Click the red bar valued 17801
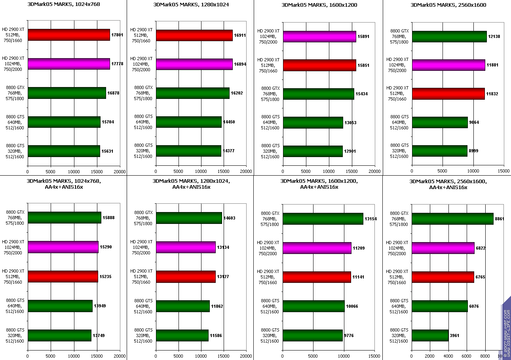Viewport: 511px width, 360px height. [68, 35]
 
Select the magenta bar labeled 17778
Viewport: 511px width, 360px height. [68, 64]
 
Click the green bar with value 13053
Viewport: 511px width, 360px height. [313, 122]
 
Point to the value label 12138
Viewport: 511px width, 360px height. [494, 36]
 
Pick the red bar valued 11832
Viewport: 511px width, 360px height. [448, 94]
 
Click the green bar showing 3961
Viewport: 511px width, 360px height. [430, 335]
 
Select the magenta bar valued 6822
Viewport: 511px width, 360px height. [443, 248]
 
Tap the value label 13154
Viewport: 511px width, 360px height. [371, 219]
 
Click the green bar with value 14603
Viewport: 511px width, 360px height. [189, 218]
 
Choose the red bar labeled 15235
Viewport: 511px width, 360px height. [63, 277]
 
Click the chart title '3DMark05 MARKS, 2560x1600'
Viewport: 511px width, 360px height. [448, 5]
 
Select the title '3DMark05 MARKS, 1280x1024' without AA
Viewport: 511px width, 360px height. [191, 5]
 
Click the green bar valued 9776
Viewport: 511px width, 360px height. [312, 335]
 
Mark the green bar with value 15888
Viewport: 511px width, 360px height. [64, 218]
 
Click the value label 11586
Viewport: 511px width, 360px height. [216, 335]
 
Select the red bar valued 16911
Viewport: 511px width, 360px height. [194, 35]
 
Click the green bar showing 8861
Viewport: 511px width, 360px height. [452, 219]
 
